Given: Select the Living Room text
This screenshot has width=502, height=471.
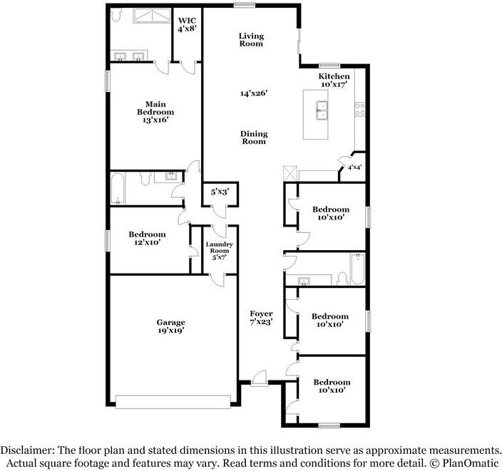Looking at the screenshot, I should tap(250, 39).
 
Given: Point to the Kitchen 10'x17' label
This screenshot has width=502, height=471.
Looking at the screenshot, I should tap(334, 80).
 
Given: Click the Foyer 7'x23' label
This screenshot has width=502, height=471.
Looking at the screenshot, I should tap(261, 319).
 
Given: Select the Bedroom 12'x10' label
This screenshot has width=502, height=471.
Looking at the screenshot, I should tap(147, 239).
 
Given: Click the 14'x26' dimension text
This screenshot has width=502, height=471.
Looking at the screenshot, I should tap(253, 93).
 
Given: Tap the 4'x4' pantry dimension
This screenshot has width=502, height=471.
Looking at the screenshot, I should tap(354, 167).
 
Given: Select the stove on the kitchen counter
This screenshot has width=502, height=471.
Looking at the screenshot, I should tap(360, 108).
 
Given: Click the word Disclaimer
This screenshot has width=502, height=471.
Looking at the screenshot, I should tap(28, 450).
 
